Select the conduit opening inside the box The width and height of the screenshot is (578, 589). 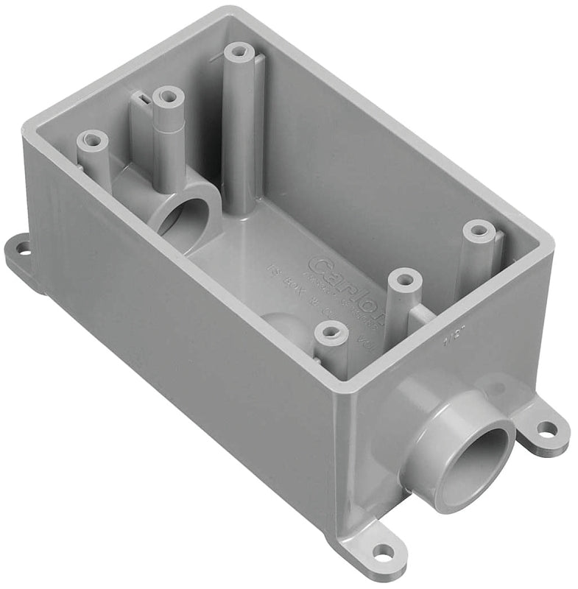pos(180,218)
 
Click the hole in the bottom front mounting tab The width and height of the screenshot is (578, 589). pos(382,551)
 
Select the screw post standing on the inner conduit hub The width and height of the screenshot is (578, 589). pos(169,96)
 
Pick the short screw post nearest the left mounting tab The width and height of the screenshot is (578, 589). pos(93,139)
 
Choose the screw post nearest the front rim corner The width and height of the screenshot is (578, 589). pos(331,334)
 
